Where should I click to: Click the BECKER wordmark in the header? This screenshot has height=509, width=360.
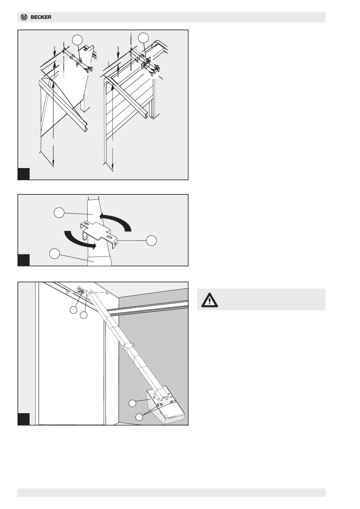coord(41,17)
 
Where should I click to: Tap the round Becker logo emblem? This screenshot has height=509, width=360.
coord(24,17)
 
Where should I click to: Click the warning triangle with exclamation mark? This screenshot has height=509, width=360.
coord(209,300)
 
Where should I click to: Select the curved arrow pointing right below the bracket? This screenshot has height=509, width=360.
coord(80,241)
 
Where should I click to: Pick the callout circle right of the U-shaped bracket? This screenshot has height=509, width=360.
coord(151,241)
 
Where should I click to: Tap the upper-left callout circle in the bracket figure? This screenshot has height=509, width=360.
coord(59,212)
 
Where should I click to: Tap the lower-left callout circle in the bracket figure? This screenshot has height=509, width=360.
coord(54,253)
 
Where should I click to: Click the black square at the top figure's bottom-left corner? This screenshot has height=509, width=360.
coord(24,174)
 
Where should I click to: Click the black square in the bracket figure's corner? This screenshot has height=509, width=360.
coord(24,260)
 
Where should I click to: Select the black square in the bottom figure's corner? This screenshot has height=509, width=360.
coord(24,419)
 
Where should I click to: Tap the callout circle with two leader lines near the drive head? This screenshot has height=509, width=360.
coord(139,417)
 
